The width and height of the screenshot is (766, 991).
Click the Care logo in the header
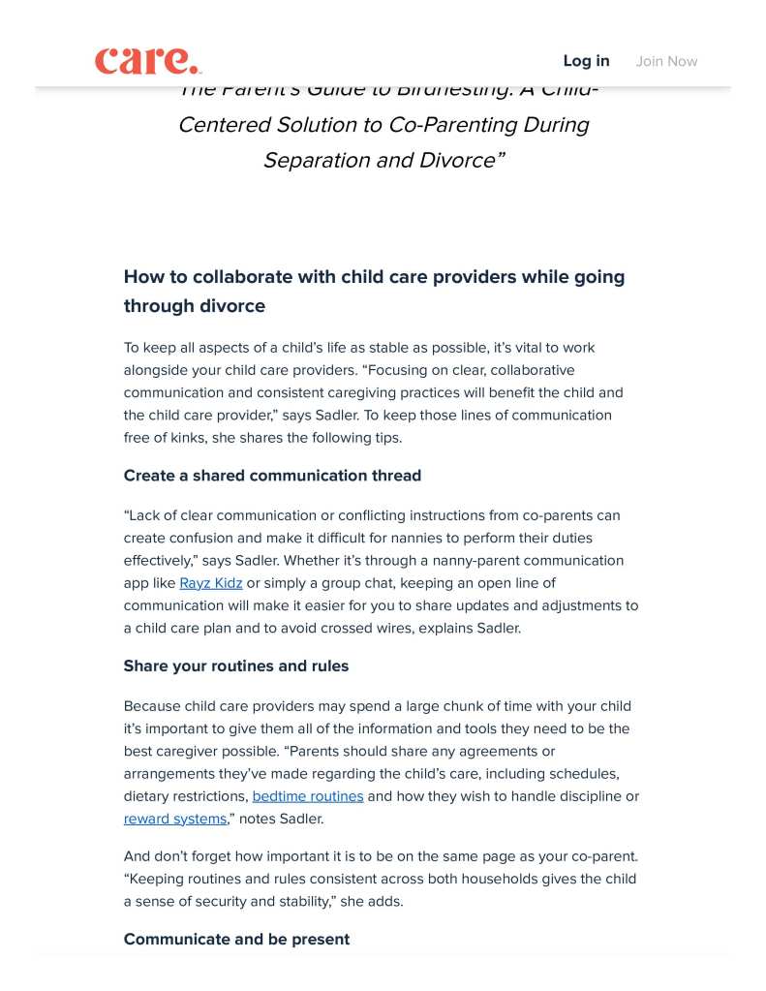(x=148, y=60)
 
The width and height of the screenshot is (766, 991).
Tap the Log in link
(x=586, y=61)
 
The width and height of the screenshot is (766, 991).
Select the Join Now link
(x=666, y=61)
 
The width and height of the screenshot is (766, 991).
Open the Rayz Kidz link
(x=211, y=583)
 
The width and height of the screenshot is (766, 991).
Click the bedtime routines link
(x=308, y=796)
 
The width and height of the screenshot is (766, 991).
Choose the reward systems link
(x=174, y=819)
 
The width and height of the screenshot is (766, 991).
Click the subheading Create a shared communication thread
(x=272, y=476)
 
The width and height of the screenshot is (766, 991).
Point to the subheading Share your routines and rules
(x=236, y=666)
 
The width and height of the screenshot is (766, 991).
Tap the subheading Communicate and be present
(x=236, y=940)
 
